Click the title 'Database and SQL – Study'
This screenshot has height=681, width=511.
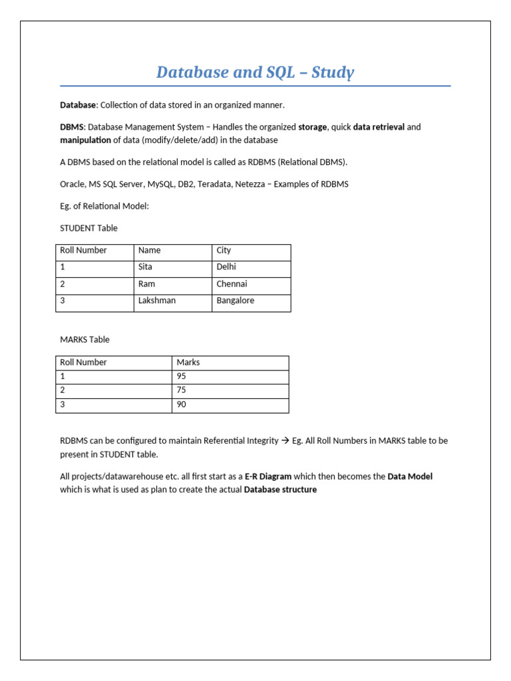(255, 72)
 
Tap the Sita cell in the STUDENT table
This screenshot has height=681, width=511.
(145, 267)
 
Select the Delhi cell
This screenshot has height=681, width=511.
(226, 267)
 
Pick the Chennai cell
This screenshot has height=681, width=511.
(232, 283)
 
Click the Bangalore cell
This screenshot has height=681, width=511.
(236, 300)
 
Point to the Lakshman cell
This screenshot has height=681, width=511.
(157, 300)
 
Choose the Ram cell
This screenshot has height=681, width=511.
(146, 283)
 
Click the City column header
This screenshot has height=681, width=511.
(224, 250)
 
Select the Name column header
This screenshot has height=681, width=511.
(149, 250)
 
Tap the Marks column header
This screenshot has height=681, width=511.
(188, 362)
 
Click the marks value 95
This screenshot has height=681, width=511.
(182, 376)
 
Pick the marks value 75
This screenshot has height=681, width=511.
(182, 390)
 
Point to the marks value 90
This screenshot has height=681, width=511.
(182, 404)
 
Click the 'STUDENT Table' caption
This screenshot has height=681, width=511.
(88, 228)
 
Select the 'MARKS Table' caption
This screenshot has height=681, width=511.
(85, 339)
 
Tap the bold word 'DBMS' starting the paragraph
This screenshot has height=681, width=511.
(72, 127)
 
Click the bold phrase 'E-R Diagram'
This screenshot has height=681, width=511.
(268, 476)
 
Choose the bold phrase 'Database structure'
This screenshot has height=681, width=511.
(280, 490)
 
